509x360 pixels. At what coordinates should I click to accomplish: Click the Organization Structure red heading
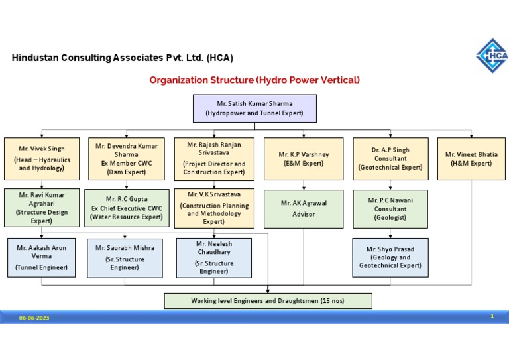pyautogui.click(x=254, y=80)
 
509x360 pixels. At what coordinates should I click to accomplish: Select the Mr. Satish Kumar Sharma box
pyautogui.click(x=254, y=109)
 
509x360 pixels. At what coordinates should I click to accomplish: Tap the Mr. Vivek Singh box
pyautogui.click(x=42, y=159)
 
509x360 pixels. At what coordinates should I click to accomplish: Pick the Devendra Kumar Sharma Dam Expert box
pyautogui.click(x=127, y=159)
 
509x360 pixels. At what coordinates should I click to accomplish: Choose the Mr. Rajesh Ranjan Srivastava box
pyautogui.click(x=213, y=158)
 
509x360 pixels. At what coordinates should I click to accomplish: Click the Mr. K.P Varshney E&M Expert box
pyautogui.click(x=304, y=159)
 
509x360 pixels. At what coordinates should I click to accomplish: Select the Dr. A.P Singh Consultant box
pyautogui.click(x=390, y=159)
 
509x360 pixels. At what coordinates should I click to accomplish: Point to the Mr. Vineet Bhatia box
pyautogui.click(x=471, y=159)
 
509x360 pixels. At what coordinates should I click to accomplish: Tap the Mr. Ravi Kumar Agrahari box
pyautogui.click(x=42, y=208)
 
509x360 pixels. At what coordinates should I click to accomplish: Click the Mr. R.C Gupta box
pyautogui.click(x=127, y=208)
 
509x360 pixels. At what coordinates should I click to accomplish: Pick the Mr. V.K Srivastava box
pyautogui.click(x=213, y=208)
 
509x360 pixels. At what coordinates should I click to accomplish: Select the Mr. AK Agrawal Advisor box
pyautogui.click(x=304, y=208)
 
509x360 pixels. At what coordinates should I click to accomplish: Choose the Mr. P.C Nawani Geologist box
pyautogui.click(x=390, y=208)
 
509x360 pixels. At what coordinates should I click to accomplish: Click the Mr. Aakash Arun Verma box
pyautogui.click(x=42, y=258)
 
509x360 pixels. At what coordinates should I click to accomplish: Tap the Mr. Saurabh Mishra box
pyautogui.click(x=125, y=258)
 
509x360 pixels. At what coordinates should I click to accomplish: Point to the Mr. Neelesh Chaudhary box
pyautogui.click(x=213, y=258)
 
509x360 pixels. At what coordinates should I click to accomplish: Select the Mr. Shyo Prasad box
pyautogui.click(x=390, y=257)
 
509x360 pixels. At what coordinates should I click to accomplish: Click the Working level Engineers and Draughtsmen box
pyautogui.click(x=268, y=301)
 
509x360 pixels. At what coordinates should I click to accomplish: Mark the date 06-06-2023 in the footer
pyautogui.click(x=34, y=318)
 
